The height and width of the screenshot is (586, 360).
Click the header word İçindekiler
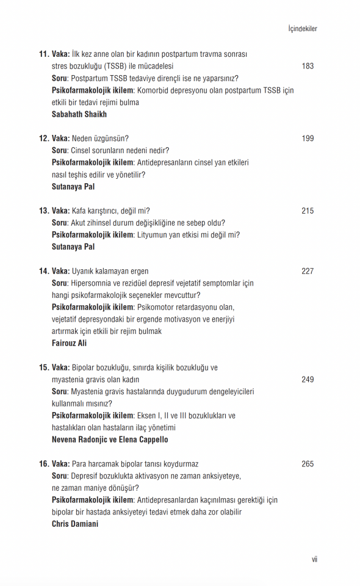click(x=302, y=29)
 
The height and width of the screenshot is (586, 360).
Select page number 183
click(x=308, y=66)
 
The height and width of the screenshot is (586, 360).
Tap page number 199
click(x=308, y=139)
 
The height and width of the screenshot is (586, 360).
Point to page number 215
click(x=308, y=211)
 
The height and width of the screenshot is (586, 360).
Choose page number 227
click(x=308, y=272)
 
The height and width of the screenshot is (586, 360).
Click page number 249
click(x=308, y=380)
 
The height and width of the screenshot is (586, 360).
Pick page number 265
click(x=308, y=464)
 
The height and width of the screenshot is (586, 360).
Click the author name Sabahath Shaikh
click(x=79, y=114)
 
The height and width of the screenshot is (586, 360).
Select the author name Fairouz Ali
click(x=69, y=343)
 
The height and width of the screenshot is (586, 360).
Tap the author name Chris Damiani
click(x=74, y=524)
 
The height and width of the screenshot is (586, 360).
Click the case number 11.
click(x=44, y=54)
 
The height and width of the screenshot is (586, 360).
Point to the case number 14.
click(x=44, y=272)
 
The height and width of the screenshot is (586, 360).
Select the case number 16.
click(x=44, y=464)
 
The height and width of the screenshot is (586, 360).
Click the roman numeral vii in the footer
click(x=314, y=560)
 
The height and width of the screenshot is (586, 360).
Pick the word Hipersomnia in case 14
click(x=91, y=283)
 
